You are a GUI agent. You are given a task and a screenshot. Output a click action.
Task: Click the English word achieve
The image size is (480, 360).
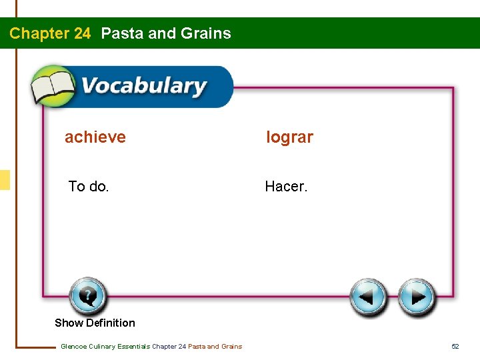click(x=95, y=137)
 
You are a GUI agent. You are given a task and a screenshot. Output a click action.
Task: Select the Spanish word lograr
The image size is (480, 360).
click(x=289, y=137)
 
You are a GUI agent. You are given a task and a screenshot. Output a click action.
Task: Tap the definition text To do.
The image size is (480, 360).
click(x=89, y=187)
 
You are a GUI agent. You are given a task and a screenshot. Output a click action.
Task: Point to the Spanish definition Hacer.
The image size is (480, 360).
click(x=286, y=187)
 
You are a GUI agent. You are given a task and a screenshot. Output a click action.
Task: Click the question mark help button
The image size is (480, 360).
click(x=87, y=295)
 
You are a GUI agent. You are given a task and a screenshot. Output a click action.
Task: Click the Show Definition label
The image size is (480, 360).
click(x=95, y=323)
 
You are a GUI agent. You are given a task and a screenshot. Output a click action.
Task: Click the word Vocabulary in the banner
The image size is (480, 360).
click(x=144, y=87)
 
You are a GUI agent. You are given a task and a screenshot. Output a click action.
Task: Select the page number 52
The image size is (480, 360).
click(x=455, y=346)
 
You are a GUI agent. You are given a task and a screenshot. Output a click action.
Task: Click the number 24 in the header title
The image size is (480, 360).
click(x=80, y=33)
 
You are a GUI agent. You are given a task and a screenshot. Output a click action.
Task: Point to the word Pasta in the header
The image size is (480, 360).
click(x=122, y=33)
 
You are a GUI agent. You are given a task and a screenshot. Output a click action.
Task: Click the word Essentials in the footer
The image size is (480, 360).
click(x=133, y=346)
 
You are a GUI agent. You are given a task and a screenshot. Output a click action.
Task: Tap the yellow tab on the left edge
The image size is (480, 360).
click(x=5, y=180)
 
